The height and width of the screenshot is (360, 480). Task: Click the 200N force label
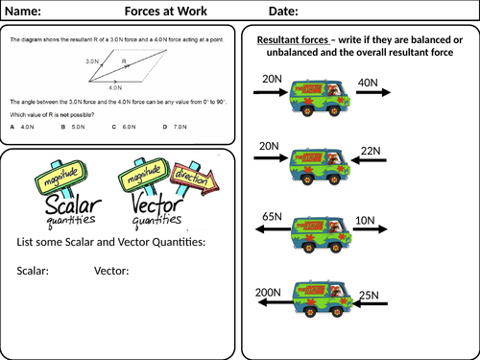click(269, 290)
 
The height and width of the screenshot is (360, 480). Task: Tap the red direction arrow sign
click(198, 179)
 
